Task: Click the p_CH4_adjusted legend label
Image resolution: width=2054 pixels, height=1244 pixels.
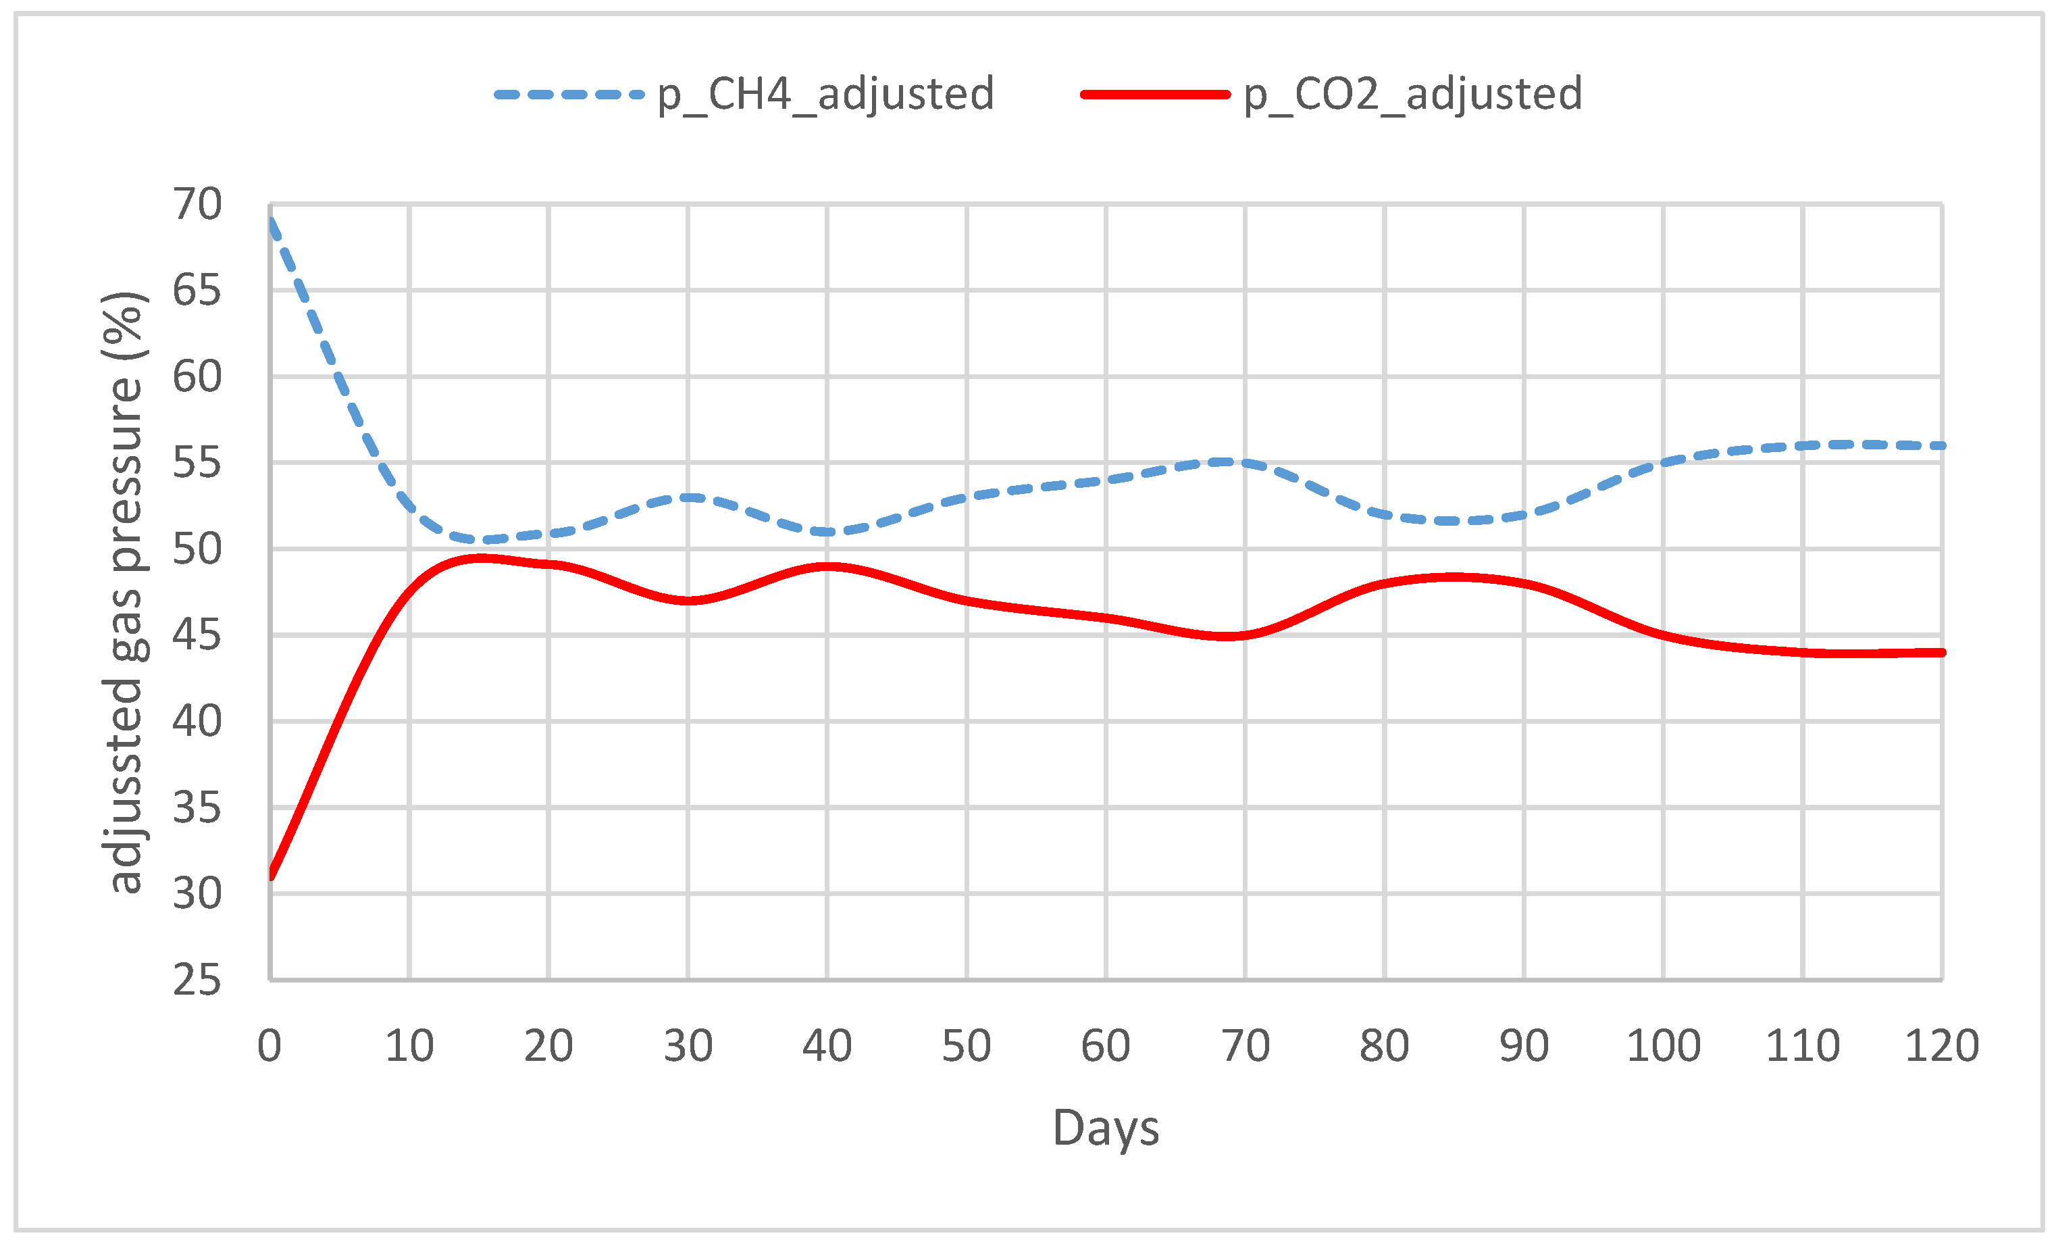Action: click(825, 93)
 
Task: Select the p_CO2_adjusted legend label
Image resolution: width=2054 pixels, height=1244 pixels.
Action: click(1413, 93)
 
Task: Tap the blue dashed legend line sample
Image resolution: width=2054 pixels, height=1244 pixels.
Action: click(569, 94)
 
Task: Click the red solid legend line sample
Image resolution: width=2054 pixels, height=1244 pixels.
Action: click(1156, 94)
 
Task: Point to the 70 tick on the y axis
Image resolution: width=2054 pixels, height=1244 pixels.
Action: click(197, 204)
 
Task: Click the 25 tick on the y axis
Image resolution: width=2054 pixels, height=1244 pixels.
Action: click(197, 980)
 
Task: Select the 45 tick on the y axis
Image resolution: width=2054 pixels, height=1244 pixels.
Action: click(197, 635)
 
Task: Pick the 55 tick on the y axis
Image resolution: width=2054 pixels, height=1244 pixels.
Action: click(197, 463)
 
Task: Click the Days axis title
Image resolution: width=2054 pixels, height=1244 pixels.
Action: click(1106, 1128)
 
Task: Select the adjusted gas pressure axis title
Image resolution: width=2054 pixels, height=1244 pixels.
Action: click(125, 592)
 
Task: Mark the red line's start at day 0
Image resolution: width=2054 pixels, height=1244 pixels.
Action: click(271, 876)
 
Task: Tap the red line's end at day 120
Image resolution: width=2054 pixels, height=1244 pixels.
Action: click(1941, 653)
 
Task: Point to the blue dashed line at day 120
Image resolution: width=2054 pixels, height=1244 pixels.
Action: click(1941, 446)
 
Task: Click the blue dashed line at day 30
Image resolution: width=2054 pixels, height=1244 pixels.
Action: click(688, 498)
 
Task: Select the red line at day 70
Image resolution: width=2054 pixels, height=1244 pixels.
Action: click(1246, 635)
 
